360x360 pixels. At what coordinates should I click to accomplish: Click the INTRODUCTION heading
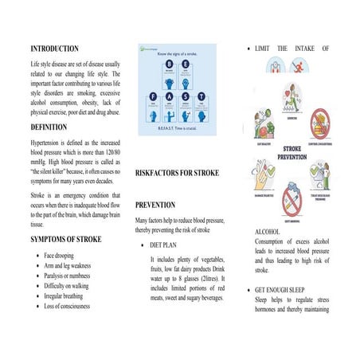coord(54,49)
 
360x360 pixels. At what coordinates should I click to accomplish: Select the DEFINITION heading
coord(49,127)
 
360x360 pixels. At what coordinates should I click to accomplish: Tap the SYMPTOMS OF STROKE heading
coord(67,239)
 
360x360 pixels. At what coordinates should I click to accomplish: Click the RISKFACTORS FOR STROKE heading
coord(177,172)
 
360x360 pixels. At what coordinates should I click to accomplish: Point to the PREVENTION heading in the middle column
coord(162,205)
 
